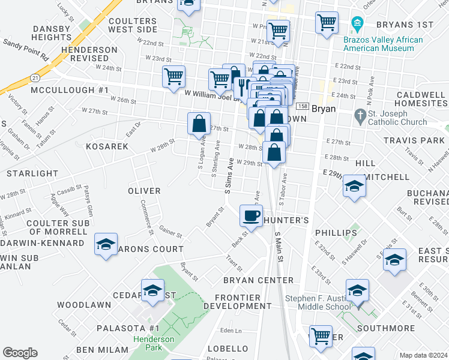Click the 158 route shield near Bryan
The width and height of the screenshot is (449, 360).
click(x=302, y=104)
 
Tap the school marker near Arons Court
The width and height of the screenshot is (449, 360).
click(x=106, y=245)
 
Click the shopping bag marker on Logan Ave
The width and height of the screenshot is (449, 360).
click(x=199, y=124)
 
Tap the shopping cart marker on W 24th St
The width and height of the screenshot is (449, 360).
click(x=173, y=77)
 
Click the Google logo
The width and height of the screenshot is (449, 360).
click(x=20, y=353)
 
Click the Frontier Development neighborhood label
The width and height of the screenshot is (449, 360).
click(x=233, y=302)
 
